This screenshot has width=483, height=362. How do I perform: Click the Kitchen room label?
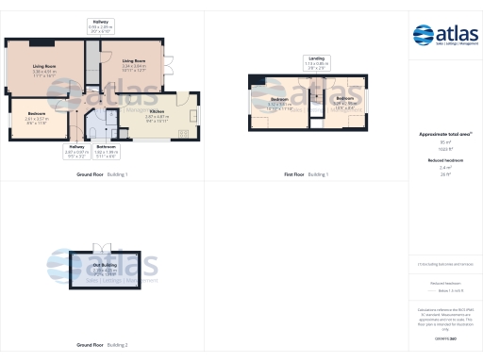(157, 117)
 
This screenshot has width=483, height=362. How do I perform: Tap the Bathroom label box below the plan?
(106, 149)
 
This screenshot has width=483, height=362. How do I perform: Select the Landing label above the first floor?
(316, 62)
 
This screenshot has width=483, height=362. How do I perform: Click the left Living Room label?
(44, 69)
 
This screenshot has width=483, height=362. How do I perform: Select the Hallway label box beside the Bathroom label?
(78, 149)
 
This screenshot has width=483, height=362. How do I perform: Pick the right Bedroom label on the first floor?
(344, 100)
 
